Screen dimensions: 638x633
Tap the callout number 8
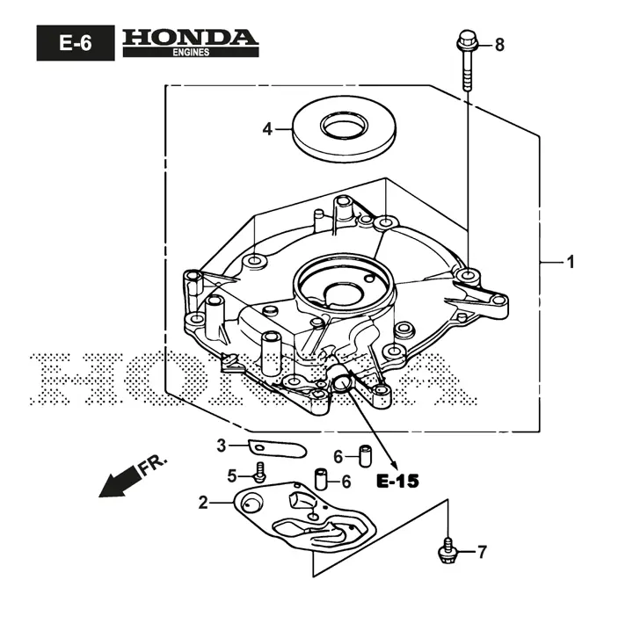pos(499,45)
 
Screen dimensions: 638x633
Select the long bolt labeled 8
pos(466,62)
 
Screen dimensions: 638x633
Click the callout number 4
pos(267,129)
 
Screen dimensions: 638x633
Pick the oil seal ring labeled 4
pos(339,130)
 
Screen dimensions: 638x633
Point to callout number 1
pos(570,262)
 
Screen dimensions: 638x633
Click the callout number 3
pos(222,445)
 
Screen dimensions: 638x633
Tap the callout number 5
pos(233,475)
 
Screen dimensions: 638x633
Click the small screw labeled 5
pos(260,472)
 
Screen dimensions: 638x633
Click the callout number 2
pos(203,503)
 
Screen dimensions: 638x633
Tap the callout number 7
pos(482,552)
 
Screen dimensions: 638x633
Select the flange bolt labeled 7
pos(448,549)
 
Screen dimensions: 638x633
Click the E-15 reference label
pos(397,482)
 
